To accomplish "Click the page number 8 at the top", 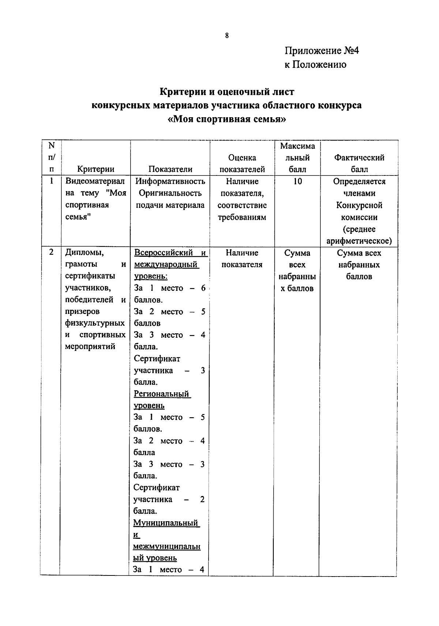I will [x=227, y=36].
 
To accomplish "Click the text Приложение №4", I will [x=322, y=51].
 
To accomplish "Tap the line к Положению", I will [x=315, y=64].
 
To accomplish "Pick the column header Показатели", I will [x=170, y=169].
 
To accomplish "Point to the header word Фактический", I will [x=359, y=158].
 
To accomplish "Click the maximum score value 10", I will [x=297, y=181].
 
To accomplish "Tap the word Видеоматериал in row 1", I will [x=95, y=181].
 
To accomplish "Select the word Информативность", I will [x=170, y=181].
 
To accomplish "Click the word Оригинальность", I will [x=170, y=193].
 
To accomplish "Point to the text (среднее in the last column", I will [x=359, y=229].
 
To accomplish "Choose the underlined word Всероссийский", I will [x=164, y=253].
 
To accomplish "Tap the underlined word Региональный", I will [x=161, y=394].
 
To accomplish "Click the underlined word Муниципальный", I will [x=165, y=523].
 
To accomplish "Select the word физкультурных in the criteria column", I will [x=95, y=323].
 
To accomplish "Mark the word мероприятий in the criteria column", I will [x=90, y=347].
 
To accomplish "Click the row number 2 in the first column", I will [x=51, y=252].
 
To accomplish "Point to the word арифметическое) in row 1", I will [x=359, y=241].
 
